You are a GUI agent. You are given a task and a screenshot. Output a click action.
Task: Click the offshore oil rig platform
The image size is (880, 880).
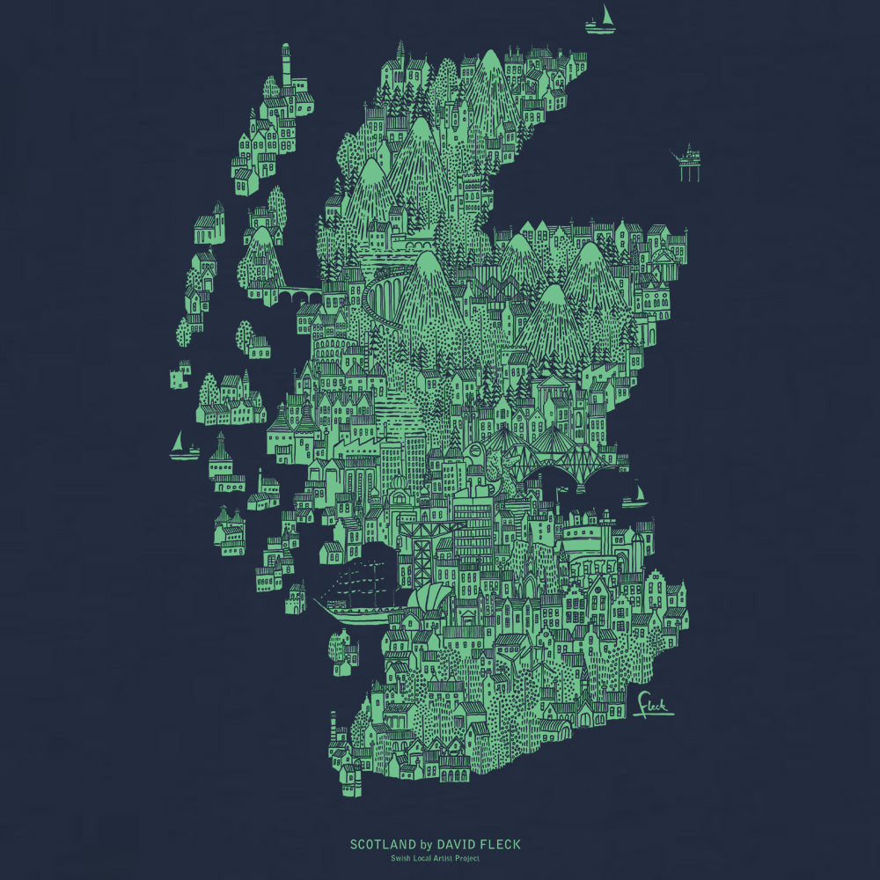687,162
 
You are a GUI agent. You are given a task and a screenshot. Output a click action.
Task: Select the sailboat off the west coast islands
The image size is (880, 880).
182,448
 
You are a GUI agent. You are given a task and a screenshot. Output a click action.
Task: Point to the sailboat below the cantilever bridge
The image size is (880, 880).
634,495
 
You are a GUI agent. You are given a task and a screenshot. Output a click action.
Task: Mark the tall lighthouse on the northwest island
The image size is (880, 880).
285,66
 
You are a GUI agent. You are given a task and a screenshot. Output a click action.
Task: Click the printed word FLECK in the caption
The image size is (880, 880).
500,845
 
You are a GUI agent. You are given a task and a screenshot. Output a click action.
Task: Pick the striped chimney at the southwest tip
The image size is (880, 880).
334,725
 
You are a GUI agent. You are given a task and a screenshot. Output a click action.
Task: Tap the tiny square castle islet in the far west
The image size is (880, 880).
180,378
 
